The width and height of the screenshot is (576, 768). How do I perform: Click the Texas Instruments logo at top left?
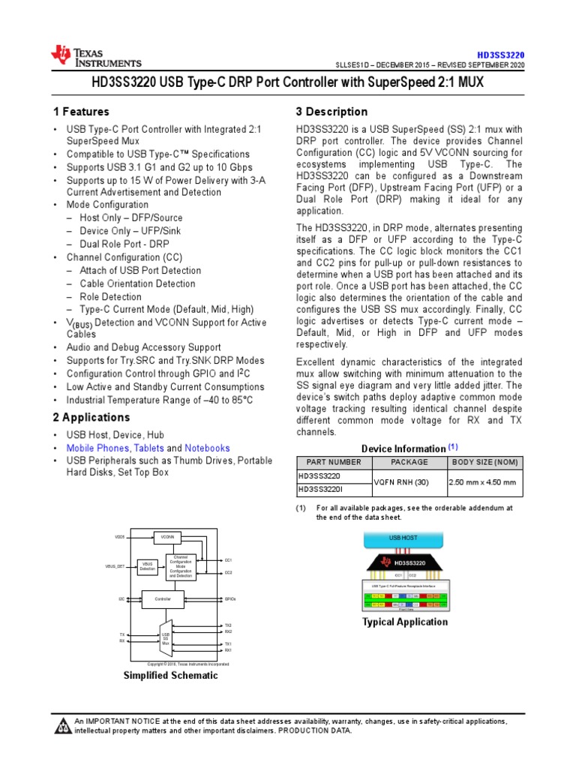click(95, 55)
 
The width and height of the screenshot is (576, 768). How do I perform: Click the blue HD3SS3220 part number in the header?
click(501, 55)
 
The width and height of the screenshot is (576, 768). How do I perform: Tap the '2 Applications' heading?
click(91, 417)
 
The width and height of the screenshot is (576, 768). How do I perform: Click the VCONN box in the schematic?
click(168, 537)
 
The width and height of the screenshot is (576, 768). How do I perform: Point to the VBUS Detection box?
click(148, 566)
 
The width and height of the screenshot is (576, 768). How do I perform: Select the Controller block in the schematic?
click(163, 599)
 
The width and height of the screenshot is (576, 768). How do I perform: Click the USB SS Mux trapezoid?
click(166, 637)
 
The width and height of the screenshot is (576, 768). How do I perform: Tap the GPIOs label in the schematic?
click(230, 599)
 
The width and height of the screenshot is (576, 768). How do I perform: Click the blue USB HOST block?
click(403, 538)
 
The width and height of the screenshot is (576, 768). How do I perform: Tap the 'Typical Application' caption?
click(405, 622)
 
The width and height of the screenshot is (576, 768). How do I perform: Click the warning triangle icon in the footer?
click(61, 725)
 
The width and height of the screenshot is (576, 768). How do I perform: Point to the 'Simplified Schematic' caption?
click(170, 675)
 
